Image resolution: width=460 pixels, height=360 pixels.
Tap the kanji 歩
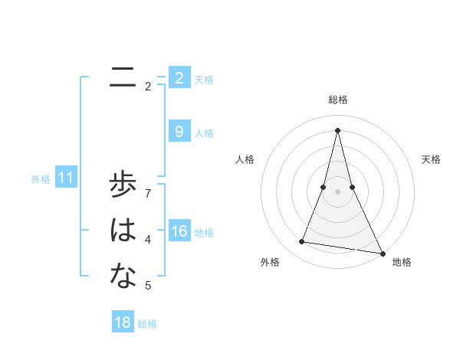coord(123,186)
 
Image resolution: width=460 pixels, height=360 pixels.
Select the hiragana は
coord(123,231)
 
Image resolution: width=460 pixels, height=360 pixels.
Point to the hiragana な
coord(123,276)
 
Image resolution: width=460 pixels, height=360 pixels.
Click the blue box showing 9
coord(179,132)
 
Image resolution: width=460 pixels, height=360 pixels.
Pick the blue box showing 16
coord(179,231)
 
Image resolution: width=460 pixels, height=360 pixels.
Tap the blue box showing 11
coord(65,178)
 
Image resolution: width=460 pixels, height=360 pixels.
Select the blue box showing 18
coord(123,322)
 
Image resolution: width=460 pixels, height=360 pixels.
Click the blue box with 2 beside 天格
coord(179,77)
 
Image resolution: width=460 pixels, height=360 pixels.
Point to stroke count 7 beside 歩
coord(148,193)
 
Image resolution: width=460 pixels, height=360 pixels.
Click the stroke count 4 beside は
coord(148,240)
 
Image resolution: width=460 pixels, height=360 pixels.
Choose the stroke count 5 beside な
coord(148,286)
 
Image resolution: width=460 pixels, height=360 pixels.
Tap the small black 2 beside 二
coord(148,86)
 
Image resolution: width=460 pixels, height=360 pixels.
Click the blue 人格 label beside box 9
coord(204,133)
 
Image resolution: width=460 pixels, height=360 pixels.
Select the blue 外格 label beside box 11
coord(41,179)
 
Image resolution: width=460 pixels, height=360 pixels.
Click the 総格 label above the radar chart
coord(337,100)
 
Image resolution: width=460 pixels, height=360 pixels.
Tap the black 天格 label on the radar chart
coord(431,159)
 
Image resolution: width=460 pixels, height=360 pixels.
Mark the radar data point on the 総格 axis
coord(337,129)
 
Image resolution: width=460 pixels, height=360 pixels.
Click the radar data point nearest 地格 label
coord(382,254)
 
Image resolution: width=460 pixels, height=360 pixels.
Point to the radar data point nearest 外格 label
coord(302,242)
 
